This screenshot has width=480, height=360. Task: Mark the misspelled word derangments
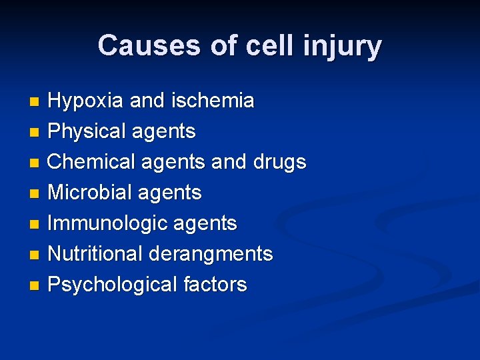coord(211,254)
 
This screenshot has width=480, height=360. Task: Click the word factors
coord(214,285)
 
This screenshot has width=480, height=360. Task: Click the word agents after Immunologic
coord(206,224)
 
